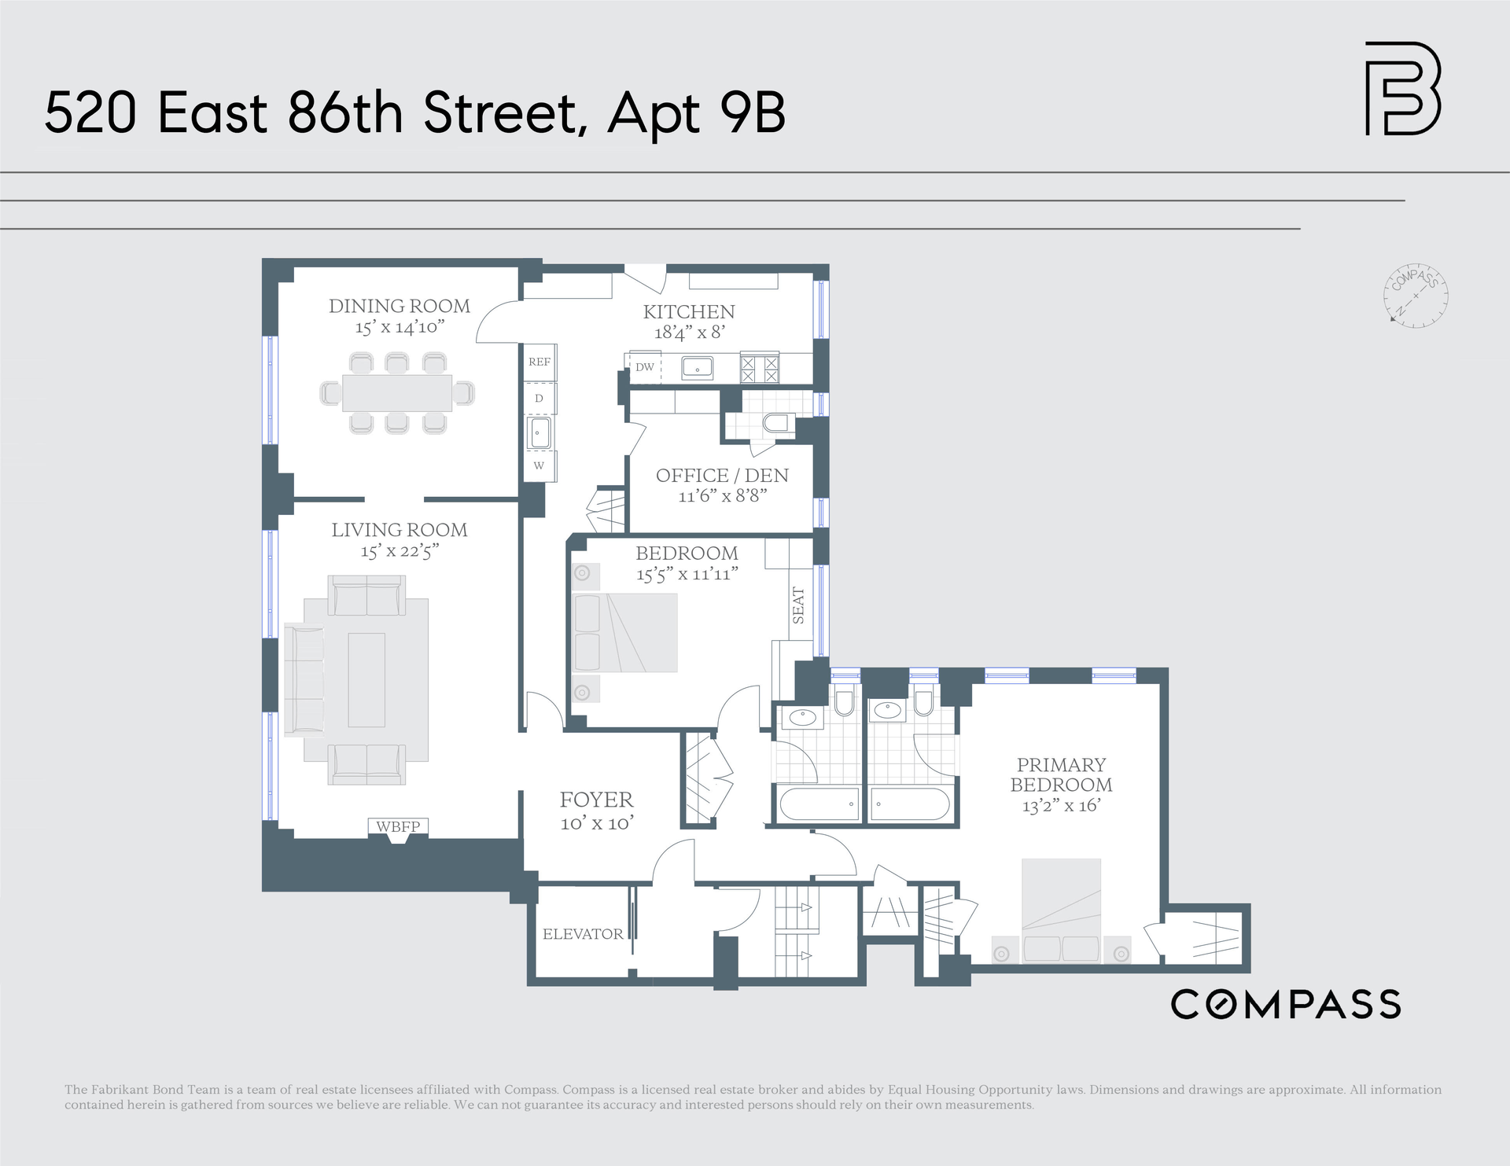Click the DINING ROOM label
(400, 306)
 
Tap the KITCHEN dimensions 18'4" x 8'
(689, 333)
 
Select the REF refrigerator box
(540, 362)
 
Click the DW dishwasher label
(645, 367)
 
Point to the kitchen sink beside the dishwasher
(697, 367)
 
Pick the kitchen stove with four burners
(760, 368)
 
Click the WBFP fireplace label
(398, 826)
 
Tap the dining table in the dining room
(397, 393)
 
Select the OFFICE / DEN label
(722, 476)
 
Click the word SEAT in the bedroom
(799, 605)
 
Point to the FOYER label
(596, 800)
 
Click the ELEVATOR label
(583, 934)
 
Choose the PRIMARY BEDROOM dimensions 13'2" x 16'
(1061, 806)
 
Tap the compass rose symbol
(1416, 296)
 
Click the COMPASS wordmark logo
(1286, 1004)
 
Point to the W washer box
(540, 465)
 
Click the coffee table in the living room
(366, 680)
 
